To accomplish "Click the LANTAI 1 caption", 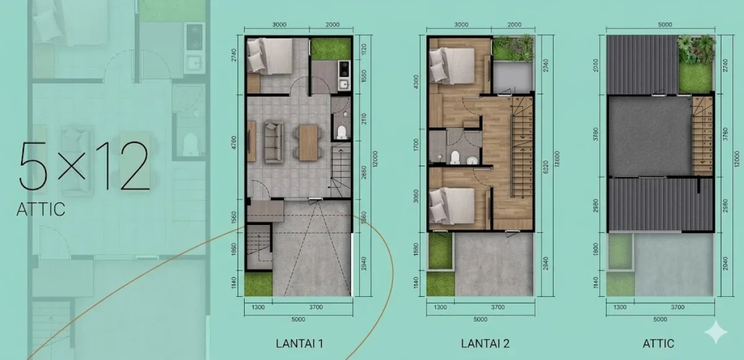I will coord(299,343).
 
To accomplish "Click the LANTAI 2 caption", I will coord(485,343).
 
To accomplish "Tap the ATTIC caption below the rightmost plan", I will coord(658,343).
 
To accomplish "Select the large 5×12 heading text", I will coord(84,166).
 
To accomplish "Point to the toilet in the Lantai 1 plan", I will coord(341,131).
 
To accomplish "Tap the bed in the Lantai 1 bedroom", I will coord(266,56).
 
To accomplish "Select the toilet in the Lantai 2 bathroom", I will coord(456,157).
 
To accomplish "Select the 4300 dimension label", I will coord(417,82).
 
